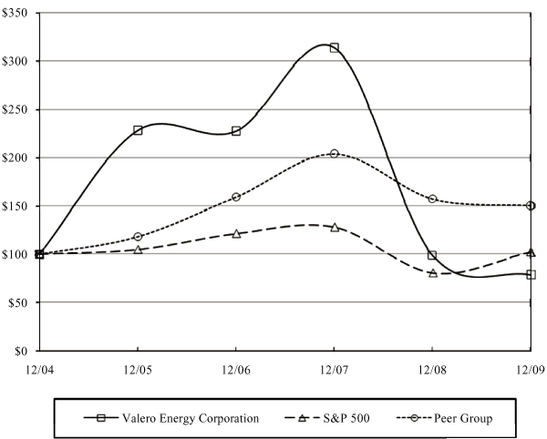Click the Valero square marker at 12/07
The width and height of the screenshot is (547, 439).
pyautogui.click(x=335, y=47)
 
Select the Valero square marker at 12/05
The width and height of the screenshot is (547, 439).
pyautogui.click(x=138, y=130)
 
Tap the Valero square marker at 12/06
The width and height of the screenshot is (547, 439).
pyautogui.click(x=236, y=130)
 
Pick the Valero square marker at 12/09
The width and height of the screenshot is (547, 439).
pyautogui.click(x=531, y=274)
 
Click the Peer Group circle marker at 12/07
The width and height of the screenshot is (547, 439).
pyautogui.click(x=335, y=153)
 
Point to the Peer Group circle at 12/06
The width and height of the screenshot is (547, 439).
pyautogui.click(x=236, y=197)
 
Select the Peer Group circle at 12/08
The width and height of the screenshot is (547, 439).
pyautogui.click(x=432, y=199)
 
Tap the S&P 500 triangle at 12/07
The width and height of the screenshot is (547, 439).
pyautogui.click(x=335, y=227)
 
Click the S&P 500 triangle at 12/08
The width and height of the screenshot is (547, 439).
pyautogui.click(x=432, y=272)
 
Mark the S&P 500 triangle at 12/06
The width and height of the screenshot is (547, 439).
pyautogui.click(x=236, y=233)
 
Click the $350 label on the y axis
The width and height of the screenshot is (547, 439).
pyautogui.click(x=15, y=13)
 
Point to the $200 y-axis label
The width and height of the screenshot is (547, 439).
pyautogui.click(x=15, y=158)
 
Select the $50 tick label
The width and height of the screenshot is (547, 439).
pyautogui.click(x=18, y=302)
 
